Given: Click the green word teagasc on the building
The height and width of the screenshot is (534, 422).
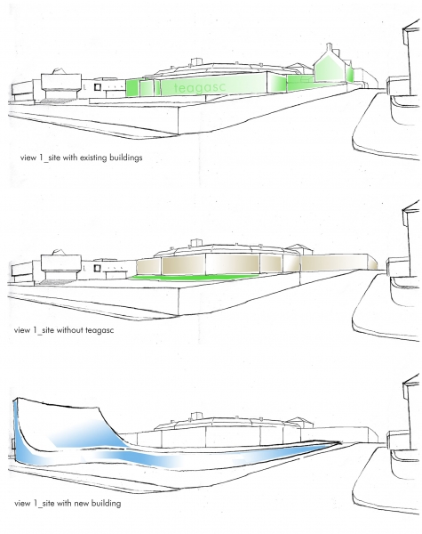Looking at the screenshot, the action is point(200,87).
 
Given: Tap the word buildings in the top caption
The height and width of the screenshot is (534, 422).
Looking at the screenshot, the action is point(126,158).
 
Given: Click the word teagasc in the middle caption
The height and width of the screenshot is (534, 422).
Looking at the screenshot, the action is point(100,330).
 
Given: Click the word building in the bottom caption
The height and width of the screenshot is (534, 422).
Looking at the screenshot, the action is point(106,504).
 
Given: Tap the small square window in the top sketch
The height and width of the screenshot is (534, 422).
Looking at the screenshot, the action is point(98,87).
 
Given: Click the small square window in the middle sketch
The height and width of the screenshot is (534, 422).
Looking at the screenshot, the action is point(97,269).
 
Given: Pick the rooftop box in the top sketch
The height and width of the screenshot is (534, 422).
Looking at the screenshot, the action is point(196,61).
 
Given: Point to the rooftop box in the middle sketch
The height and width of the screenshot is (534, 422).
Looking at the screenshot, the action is point(196,242).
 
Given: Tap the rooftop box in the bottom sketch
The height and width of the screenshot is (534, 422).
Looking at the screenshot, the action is point(196,416).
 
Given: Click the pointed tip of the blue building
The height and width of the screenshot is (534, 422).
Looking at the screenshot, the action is point(340,442).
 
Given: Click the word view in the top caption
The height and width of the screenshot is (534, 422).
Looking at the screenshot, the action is point(28,158).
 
